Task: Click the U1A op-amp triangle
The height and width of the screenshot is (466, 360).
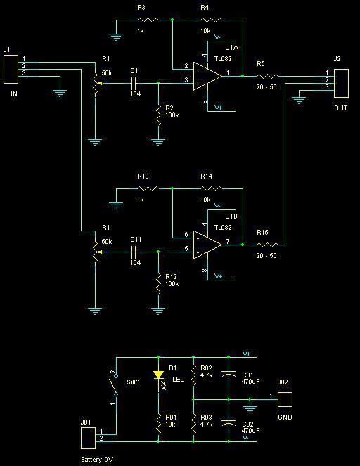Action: click(206, 76)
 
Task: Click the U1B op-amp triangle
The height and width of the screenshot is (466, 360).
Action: click(206, 245)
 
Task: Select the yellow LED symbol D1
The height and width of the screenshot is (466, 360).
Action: click(158, 375)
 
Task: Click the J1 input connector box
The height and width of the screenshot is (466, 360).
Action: click(11, 69)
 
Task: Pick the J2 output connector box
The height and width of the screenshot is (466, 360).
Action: click(341, 83)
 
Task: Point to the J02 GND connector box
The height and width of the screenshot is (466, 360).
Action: click(285, 399)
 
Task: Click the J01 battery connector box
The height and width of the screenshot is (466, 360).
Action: click(89, 438)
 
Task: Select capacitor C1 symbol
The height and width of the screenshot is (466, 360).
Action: click(134, 83)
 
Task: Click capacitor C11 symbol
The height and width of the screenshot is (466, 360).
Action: click(134, 252)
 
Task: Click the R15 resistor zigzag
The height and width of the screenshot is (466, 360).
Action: click(267, 245)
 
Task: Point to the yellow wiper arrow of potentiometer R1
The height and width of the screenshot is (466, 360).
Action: click(100, 84)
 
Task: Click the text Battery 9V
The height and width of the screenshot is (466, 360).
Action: click(97, 460)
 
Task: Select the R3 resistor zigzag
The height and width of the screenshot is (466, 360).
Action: click(148, 20)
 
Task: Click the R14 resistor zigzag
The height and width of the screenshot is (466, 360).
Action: click(211, 188)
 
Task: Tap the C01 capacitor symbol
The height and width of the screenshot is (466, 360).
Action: click(229, 373)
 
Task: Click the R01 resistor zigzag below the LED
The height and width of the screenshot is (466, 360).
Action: click(158, 424)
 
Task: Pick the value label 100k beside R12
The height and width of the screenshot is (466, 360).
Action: click(172, 284)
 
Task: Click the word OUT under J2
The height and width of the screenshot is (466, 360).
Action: click(341, 108)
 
